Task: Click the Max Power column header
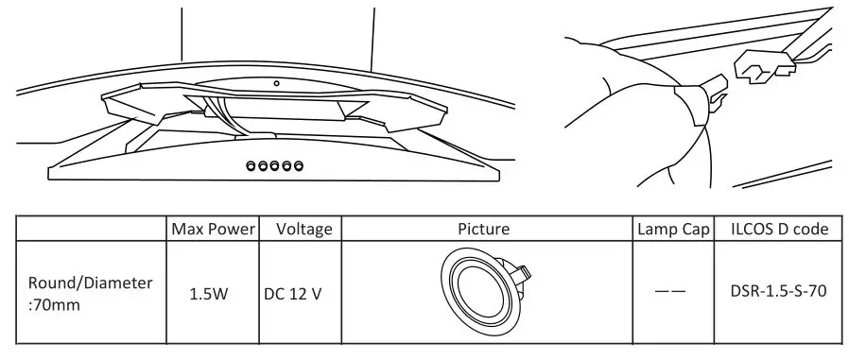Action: tap(215, 229)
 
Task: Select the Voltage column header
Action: tap(303, 229)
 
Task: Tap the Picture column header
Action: tap(483, 229)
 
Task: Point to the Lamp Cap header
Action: tap(672, 229)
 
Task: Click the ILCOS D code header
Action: tap(781, 229)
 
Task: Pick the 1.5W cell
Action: tap(209, 293)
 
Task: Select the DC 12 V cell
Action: tap(293, 293)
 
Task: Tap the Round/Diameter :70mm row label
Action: tap(91, 292)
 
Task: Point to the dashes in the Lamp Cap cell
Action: tap(671, 292)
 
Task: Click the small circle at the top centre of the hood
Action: tap(276, 83)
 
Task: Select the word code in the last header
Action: tap(811, 229)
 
